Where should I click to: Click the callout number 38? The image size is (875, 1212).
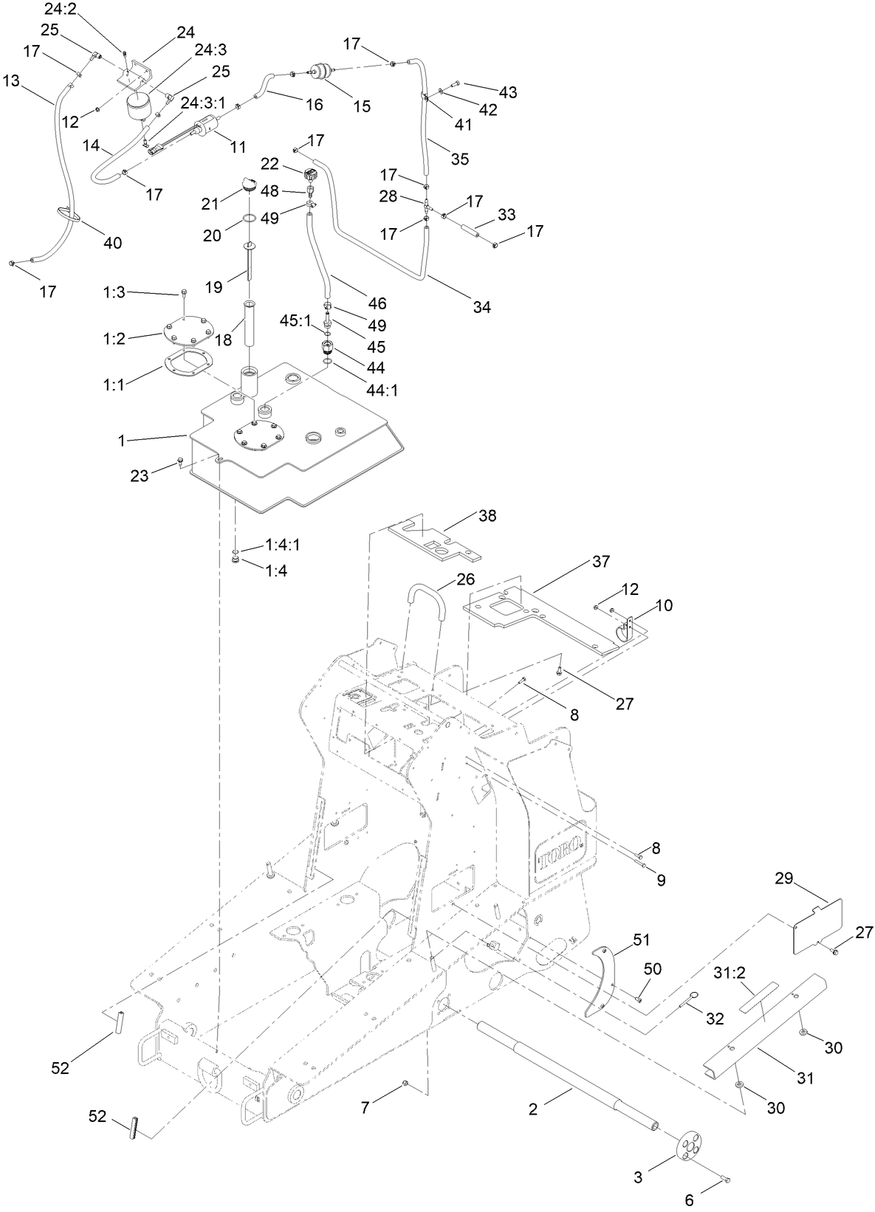tap(487, 516)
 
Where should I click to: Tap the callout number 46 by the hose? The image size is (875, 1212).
tap(377, 303)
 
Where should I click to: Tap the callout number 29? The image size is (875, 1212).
tap(784, 878)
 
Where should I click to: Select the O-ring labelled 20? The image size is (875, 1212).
tap(250, 219)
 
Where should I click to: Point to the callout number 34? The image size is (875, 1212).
tap(481, 307)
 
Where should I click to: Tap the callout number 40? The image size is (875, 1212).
tap(112, 243)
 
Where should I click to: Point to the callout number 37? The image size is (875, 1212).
tap(601, 562)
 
